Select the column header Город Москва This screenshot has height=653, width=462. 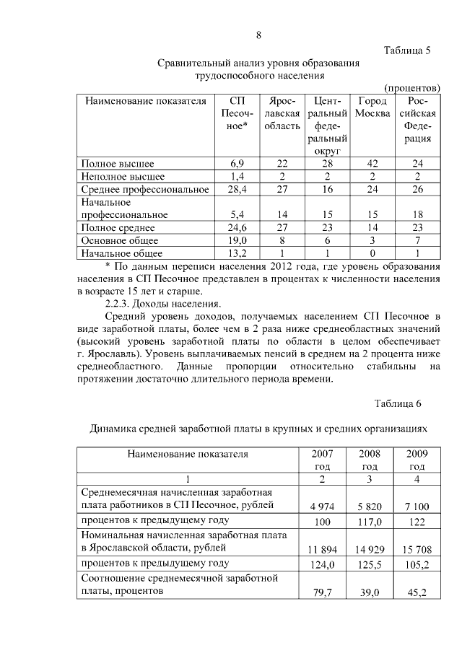pos(372,108)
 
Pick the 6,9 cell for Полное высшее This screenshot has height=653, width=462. pos(237,164)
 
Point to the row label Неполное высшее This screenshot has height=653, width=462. pos(123,176)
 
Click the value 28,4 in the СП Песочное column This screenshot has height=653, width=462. pos(237,189)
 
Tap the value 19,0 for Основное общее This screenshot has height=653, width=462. pos(237,240)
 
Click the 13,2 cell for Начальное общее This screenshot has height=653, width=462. pos(237,253)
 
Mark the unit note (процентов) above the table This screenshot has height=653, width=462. pos(412,87)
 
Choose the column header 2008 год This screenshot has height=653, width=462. pos(370,460)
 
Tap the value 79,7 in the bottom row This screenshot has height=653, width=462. pos(323,593)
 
